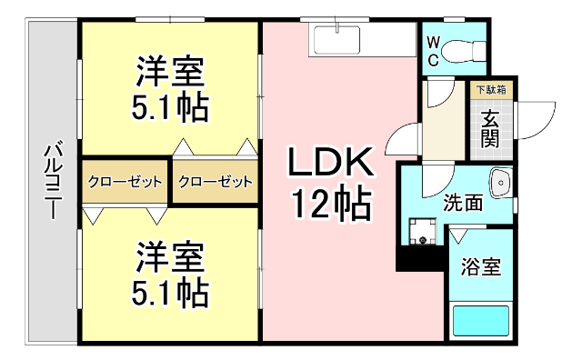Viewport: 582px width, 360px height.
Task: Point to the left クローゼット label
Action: [x=125, y=182]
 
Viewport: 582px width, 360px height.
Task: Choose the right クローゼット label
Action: [x=216, y=182]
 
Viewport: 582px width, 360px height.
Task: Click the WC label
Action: [x=435, y=51]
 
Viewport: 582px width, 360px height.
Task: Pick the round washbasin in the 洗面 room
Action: [x=500, y=184]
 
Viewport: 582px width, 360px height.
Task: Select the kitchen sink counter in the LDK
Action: [x=337, y=40]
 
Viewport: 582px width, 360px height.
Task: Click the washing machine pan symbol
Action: [x=423, y=231]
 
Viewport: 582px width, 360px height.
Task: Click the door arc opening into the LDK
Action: [x=400, y=145]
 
